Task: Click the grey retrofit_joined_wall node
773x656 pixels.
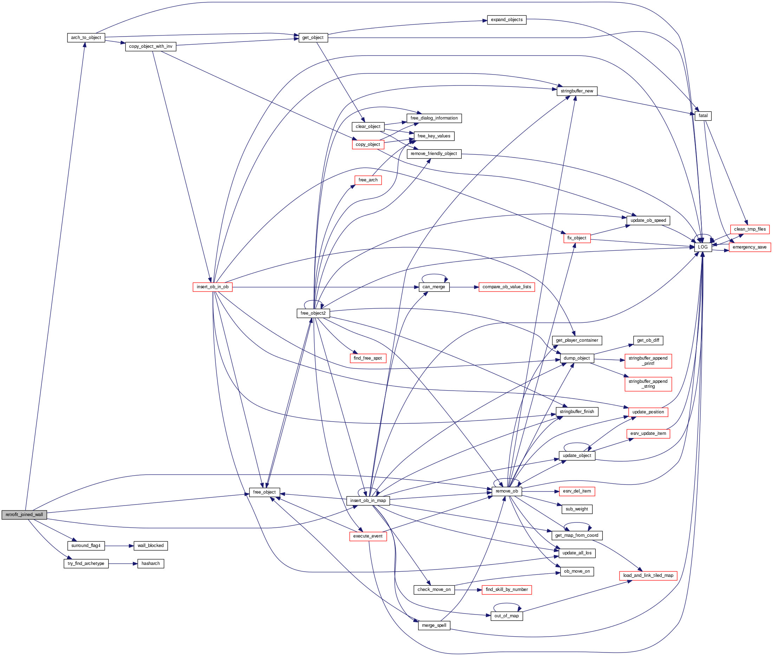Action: (24, 515)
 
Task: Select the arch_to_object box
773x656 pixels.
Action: (86, 38)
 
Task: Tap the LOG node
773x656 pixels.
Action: (703, 247)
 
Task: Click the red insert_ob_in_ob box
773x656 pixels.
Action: (213, 287)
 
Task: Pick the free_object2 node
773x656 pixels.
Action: (313, 313)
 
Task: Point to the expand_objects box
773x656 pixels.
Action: (507, 20)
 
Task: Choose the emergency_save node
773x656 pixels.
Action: (749, 247)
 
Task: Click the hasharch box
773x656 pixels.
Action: (150, 564)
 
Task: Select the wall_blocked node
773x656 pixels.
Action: (150, 546)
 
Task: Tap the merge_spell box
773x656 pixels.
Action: (434, 625)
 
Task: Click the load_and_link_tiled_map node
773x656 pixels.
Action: (648, 575)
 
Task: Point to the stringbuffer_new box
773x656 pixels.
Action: (577, 91)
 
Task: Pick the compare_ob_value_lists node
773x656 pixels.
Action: (507, 287)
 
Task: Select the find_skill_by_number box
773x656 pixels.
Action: (507, 590)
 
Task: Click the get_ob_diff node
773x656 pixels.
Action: (648, 340)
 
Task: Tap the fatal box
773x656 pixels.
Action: (703, 116)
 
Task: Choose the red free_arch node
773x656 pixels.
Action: (368, 180)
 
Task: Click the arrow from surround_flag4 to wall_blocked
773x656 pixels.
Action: (119, 546)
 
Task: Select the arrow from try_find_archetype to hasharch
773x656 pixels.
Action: (123, 564)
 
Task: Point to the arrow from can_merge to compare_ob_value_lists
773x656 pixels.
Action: (464, 287)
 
